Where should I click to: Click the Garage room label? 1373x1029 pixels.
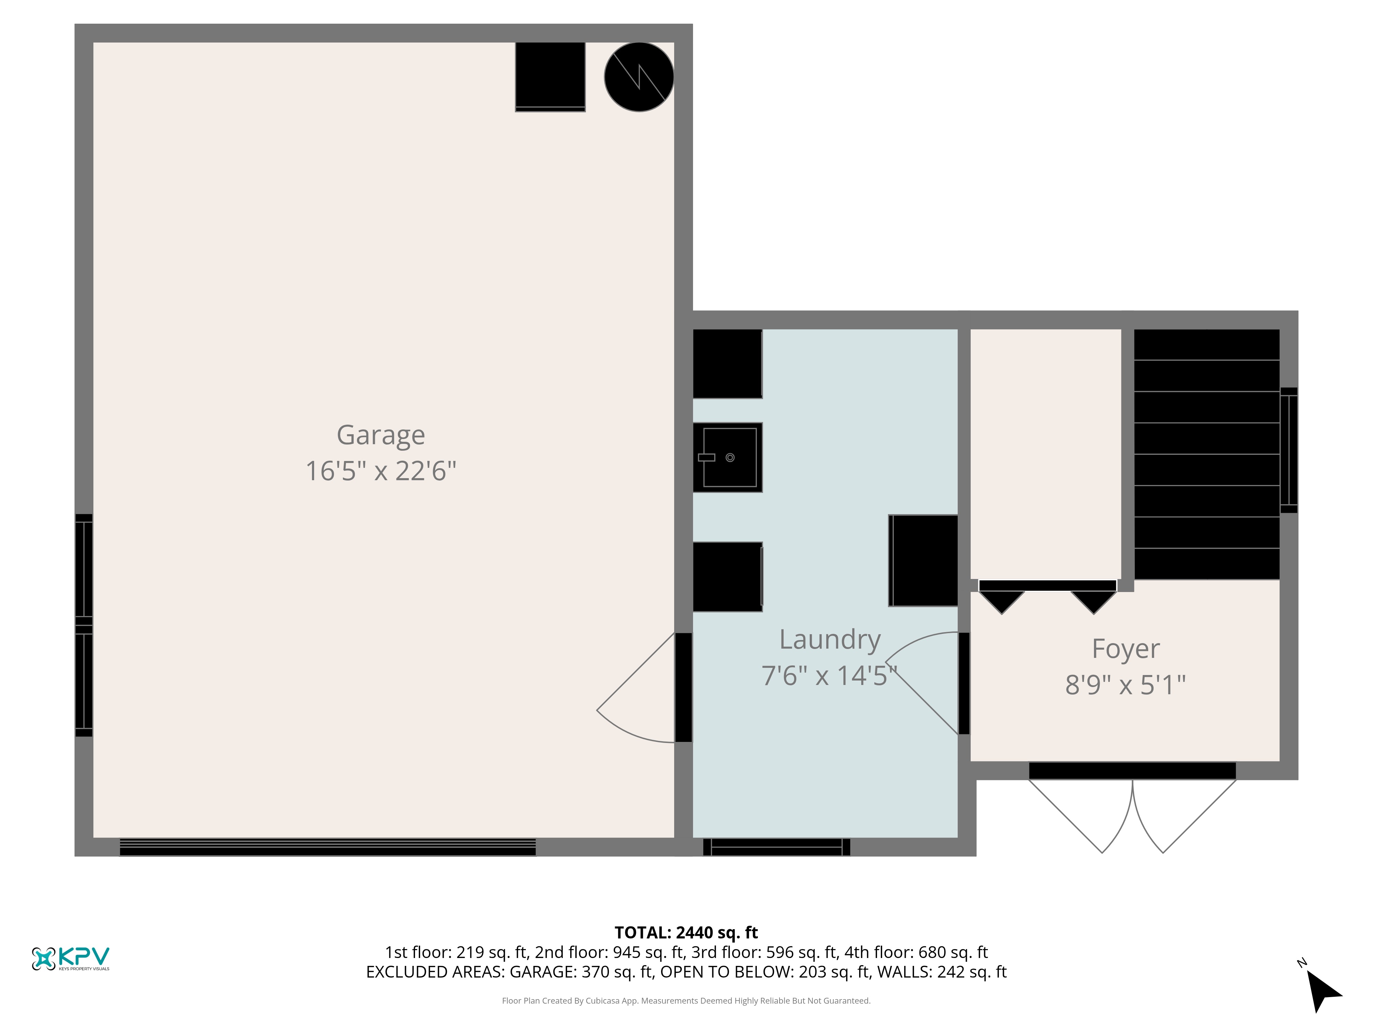click(x=380, y=435)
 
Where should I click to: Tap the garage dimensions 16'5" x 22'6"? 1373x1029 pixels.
click(x=380, y=471)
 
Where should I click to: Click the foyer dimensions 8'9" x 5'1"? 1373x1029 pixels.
click(x=1125, y=685)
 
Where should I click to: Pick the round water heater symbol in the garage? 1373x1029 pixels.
click(x=639, y=77)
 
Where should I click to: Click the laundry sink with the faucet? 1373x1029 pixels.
click(x=727, y=458)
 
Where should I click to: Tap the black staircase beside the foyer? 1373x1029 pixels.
click(x=1207, y=454)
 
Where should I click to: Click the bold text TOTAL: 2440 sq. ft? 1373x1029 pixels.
click(x=686, y=932)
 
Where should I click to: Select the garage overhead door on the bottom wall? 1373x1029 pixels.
click(x=328, y=847)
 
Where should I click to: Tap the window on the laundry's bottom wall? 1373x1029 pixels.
click(x=776, y=847)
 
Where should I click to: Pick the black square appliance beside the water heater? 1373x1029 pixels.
click(x=550, y=77)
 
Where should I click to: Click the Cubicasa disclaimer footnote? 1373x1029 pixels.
click(x=686, y=1001)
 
